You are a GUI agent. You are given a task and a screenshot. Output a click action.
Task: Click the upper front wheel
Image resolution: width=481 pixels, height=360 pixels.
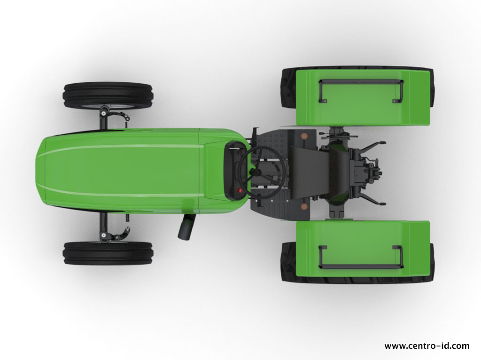pos(108,95)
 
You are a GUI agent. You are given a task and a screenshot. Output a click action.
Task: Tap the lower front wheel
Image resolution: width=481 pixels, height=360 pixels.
pos(108,253)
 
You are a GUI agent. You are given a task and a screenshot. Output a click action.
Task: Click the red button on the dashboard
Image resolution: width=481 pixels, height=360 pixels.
pos(240,190)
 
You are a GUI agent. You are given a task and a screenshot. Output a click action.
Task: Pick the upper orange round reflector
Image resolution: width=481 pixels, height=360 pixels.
pos(304,136)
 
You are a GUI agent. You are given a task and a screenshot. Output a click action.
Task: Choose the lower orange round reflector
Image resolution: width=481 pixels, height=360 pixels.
pos(304,206)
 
